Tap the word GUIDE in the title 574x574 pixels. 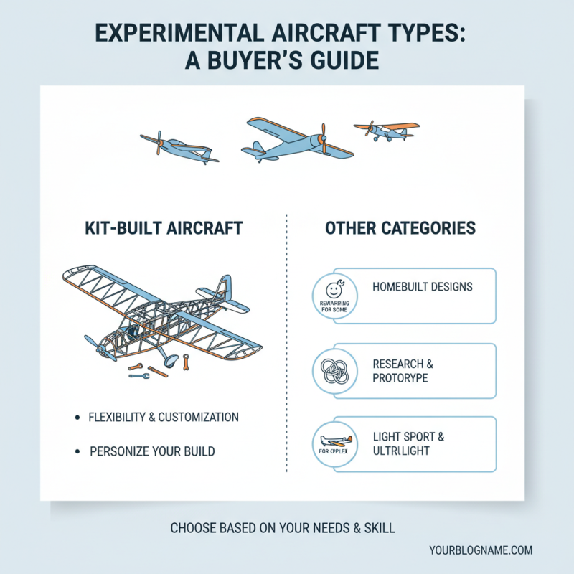pos(337,61)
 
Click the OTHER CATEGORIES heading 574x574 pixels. pos(400,229)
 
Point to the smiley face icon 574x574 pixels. pos(333,291)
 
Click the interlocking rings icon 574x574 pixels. pos(333,370)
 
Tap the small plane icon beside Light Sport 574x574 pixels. pos(332,441)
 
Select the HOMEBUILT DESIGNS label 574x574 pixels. pos(423,287)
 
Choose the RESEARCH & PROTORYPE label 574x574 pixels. pos(403,371)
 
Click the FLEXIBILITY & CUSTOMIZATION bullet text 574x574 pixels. pos(163,417)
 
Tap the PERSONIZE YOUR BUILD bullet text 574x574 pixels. pos(152,452)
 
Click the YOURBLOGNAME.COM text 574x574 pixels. pos(481,550)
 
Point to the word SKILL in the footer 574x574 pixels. pos(379,529)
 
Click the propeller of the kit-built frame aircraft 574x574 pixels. pos(96,347)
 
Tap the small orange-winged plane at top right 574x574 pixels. pos(387,130)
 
